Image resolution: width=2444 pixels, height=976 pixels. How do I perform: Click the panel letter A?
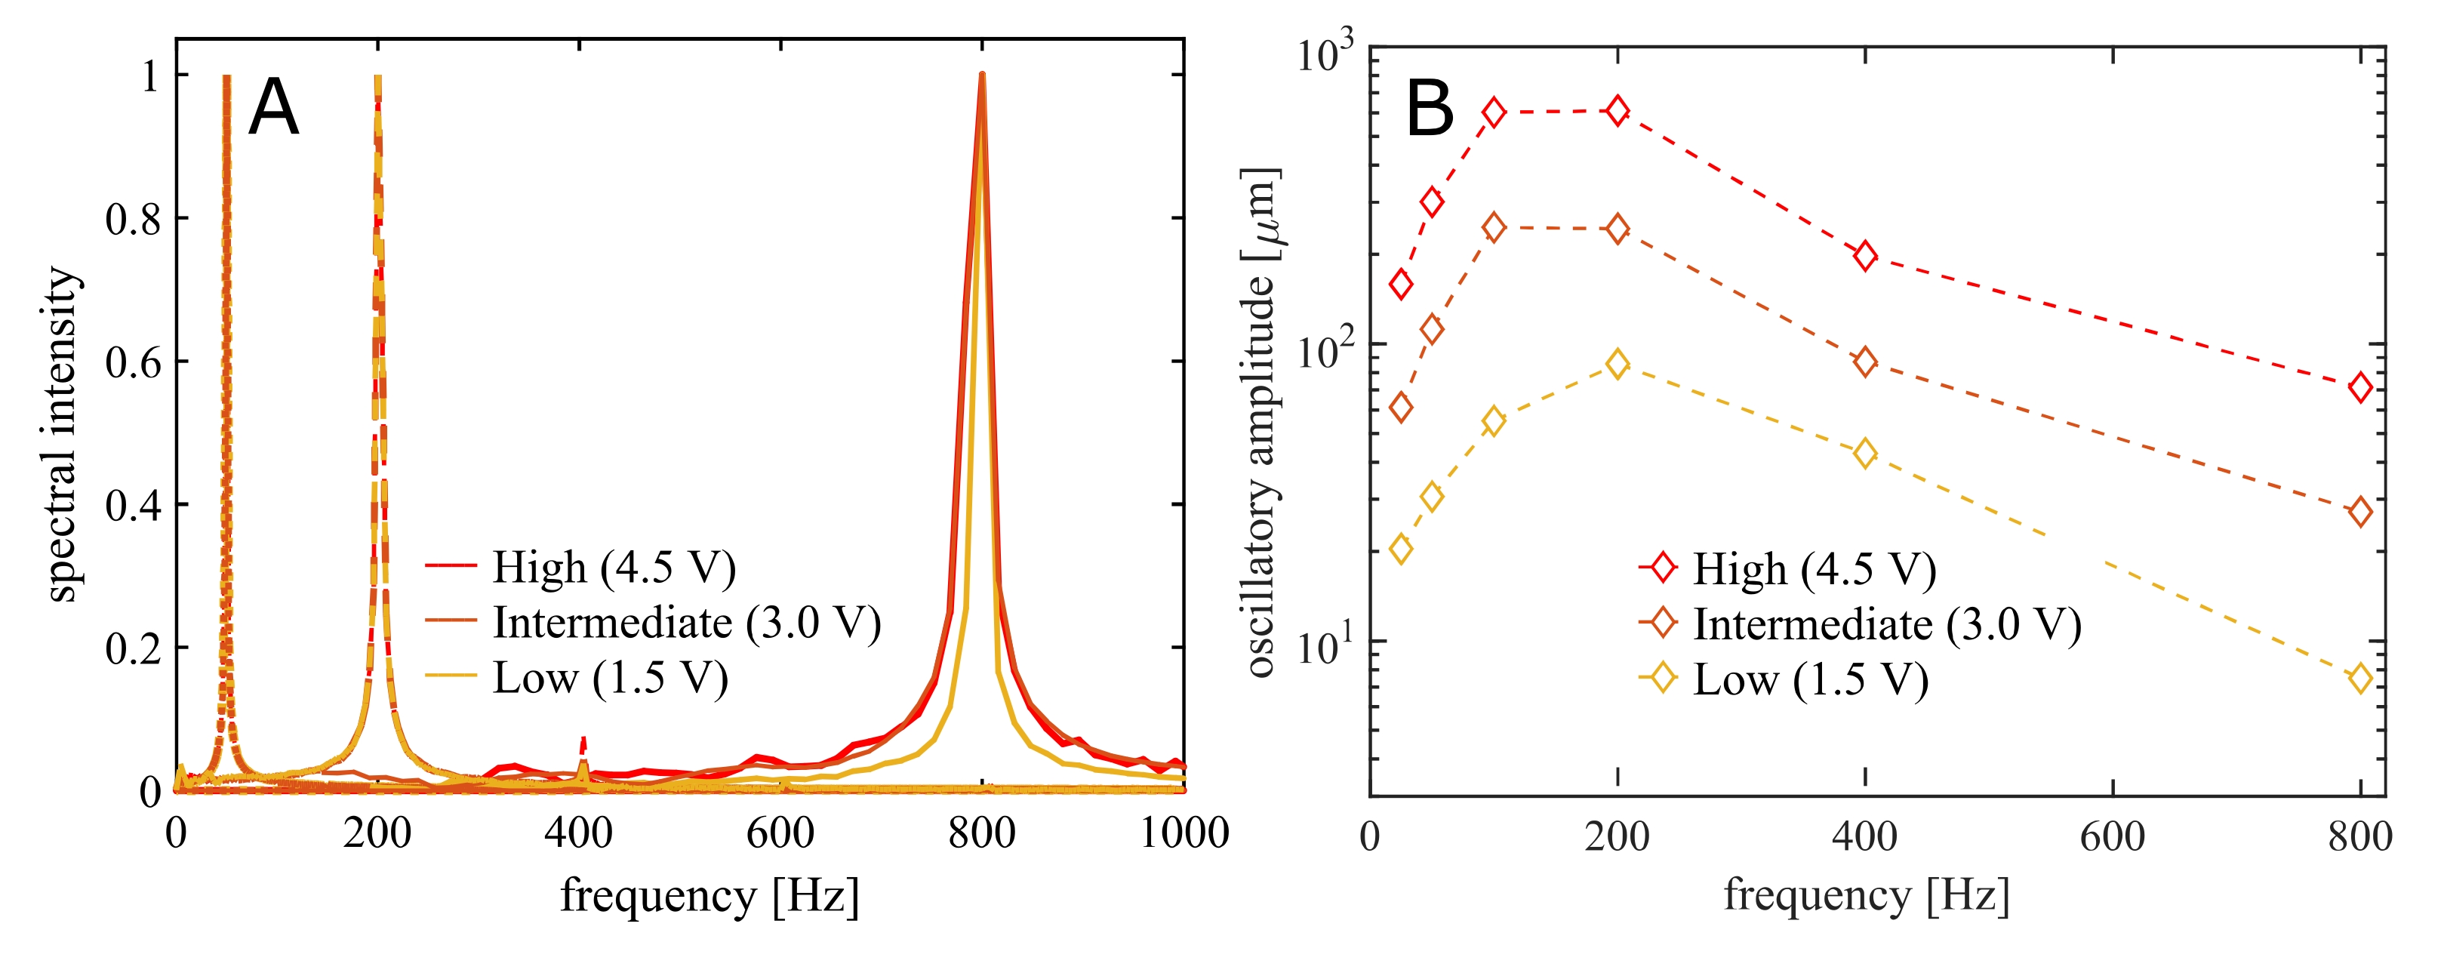273,108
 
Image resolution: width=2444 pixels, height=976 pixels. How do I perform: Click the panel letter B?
1429,108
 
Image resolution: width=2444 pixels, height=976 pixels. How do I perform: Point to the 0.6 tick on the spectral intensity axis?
133,362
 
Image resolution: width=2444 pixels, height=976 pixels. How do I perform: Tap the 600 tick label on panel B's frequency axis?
2112,836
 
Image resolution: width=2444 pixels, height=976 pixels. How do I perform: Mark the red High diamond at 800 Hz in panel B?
2360,387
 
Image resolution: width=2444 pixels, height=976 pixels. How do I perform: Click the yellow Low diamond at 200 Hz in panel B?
1618,363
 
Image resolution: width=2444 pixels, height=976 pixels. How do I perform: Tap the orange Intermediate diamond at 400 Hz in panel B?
1865,362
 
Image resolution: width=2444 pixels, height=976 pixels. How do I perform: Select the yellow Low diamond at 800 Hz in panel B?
2360,678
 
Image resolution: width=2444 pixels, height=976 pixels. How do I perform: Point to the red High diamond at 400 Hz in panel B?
1865,256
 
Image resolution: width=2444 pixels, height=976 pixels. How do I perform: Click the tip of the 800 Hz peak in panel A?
982,76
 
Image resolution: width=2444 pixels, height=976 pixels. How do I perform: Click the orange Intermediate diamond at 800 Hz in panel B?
2360,513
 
